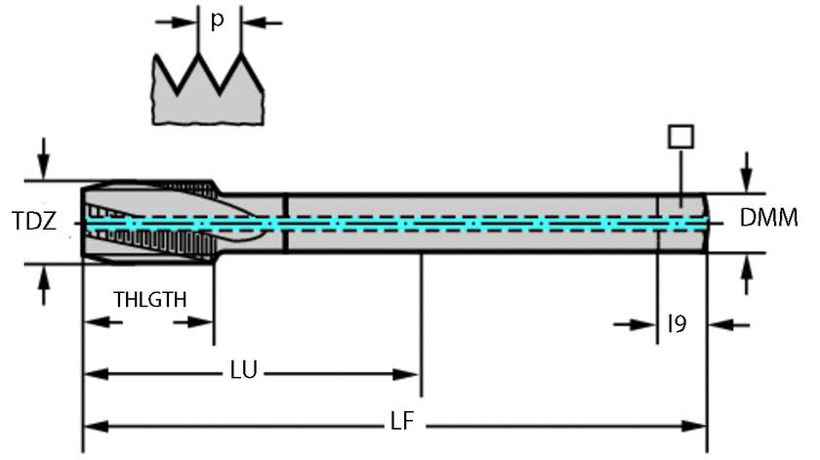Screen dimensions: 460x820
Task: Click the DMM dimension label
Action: coord(768,219)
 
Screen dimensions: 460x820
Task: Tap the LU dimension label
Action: coord(244,372)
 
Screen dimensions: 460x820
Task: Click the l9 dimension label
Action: coord(676,322)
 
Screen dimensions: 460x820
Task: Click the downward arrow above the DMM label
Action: coord(747,173)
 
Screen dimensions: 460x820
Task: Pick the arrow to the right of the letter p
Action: coord(264,21)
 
